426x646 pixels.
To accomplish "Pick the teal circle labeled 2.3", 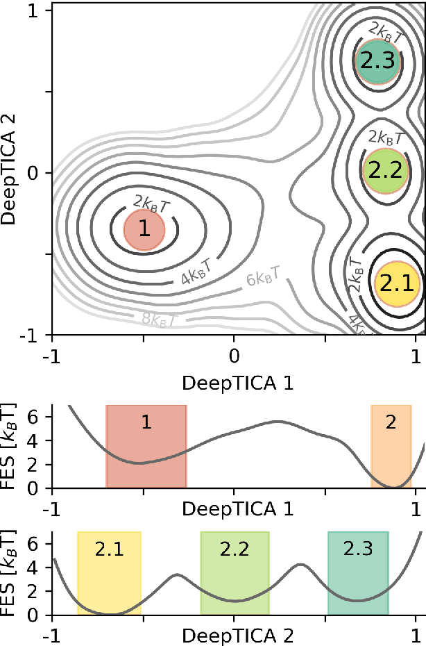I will (378, 61).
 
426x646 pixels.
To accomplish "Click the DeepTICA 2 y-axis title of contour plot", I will (10, 173).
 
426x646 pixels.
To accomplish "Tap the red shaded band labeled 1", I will (146, 447).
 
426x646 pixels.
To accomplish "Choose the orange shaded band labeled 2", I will (391, 447).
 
